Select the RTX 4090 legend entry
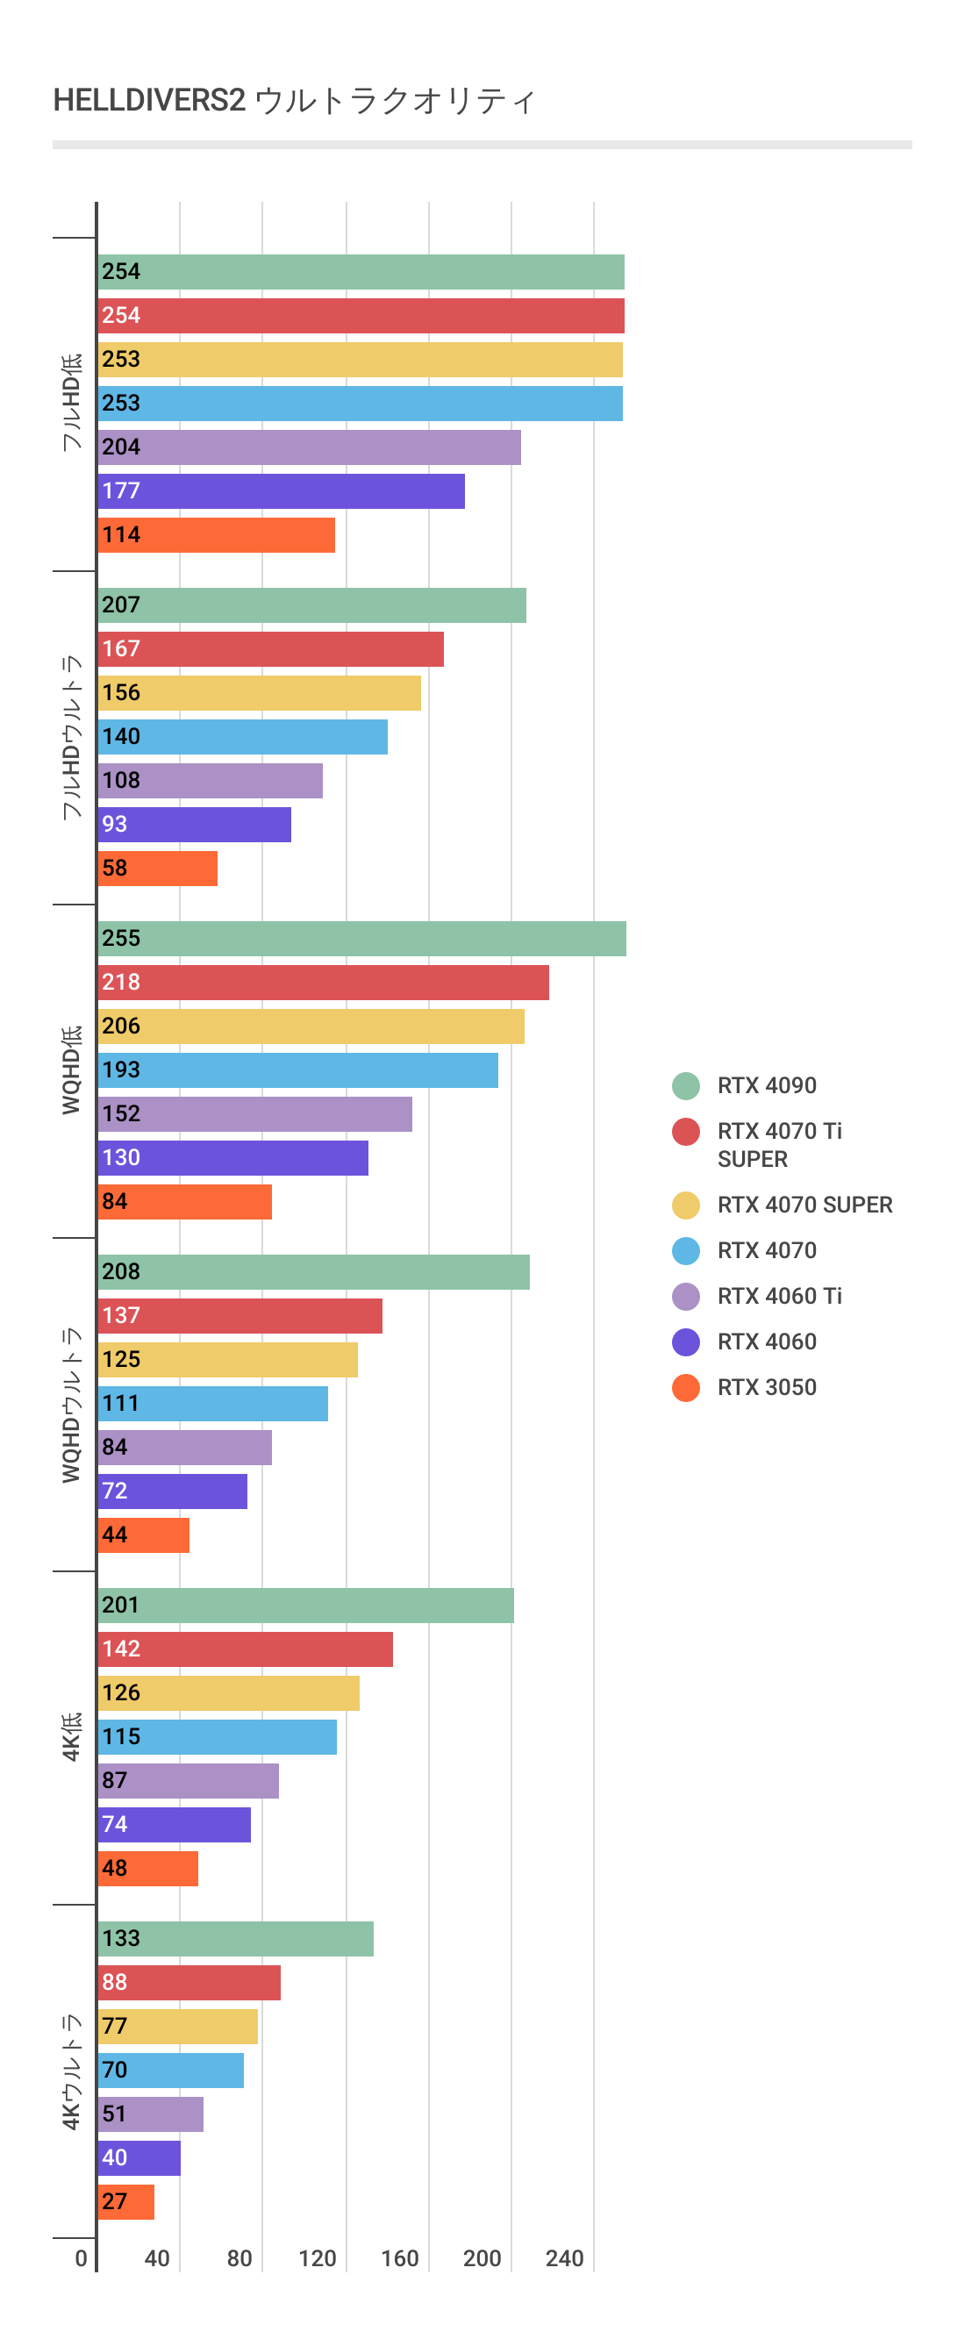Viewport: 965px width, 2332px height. tap(766, 1085)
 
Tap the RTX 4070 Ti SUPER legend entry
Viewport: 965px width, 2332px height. tap(778, 1144)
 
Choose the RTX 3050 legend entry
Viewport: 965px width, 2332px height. tap(766, 1387)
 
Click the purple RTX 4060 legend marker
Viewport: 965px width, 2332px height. tap(685, 1341)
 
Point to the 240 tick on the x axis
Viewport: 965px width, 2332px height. tap(564, 2258)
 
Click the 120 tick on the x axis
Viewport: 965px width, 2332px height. tap(317, 2258)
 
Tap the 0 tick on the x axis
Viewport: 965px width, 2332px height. tap(82, 2258)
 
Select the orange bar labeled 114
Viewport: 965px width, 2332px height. tap(217, 535)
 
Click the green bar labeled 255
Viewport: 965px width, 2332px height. tap(362, 939)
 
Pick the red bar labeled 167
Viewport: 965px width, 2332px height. tap(271, 649)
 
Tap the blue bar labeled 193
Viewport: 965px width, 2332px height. tap(297, 1070)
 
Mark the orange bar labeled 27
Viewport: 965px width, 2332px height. tap(126, 2201)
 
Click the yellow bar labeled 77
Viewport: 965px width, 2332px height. tap(178, 2026)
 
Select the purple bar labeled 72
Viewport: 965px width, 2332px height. tap(173, 1491)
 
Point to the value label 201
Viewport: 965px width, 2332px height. tap(120, 1605)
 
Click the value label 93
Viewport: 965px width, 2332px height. tap(114, 824)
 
